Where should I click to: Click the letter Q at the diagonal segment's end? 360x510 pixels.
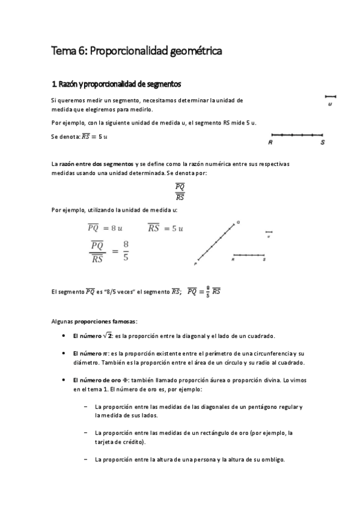tap(239, 222)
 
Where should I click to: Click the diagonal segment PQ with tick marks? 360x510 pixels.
tap(216, 242)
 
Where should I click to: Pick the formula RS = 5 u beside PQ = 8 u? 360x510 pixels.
tap(165, 228)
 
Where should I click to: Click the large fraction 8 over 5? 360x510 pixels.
tap(126, 251)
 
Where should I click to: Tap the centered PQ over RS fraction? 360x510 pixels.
tap(179, 191)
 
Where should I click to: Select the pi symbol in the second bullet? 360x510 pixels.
tap(104, 353)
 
